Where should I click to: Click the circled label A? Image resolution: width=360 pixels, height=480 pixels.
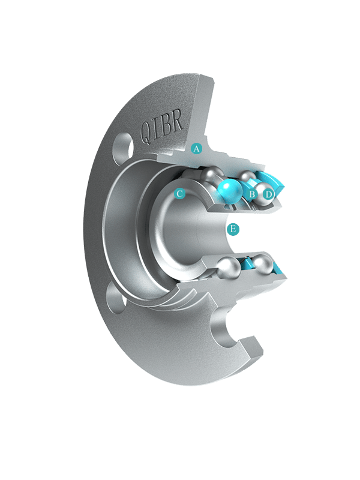click(x=196, y=148)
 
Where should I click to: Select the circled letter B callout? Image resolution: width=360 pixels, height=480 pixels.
click(x=253, y=194)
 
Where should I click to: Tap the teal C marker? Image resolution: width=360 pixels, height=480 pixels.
click(x=179, y=194)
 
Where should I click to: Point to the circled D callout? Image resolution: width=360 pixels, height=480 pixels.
click(x=269, y=194)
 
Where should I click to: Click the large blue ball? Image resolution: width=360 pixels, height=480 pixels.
click(x=230, y=191)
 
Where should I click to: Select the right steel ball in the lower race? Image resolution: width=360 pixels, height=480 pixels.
click(x=265, y=263)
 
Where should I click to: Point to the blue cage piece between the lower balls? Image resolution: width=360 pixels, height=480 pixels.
click(x=247, y=262)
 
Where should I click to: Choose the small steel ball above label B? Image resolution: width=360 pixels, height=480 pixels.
click(x=247, y=178)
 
